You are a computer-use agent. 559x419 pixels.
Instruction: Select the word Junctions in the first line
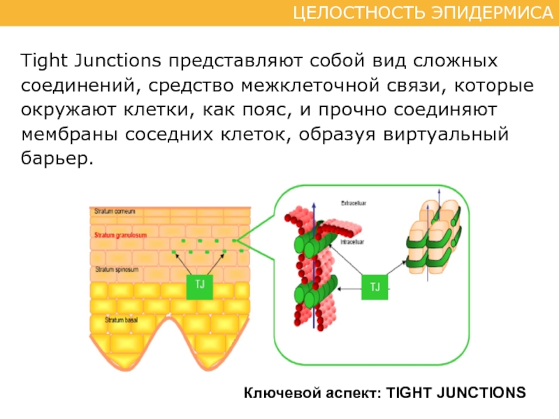[117, 60]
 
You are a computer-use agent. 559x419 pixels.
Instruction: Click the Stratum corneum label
[115, 211]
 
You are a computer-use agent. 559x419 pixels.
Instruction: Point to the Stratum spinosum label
[119, 269]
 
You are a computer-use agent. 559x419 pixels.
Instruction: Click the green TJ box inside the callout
[375, 286]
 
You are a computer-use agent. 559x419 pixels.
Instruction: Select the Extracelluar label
[354, 203]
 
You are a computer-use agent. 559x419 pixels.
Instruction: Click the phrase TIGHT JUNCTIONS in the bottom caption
[456, 392]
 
